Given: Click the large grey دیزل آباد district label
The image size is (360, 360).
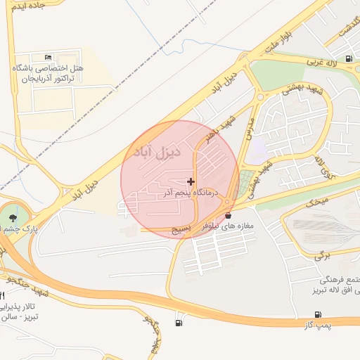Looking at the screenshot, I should [157, 151].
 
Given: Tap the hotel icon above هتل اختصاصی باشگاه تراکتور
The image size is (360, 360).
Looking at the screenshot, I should [48, 57].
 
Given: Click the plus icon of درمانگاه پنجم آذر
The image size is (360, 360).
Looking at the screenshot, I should [191, 182].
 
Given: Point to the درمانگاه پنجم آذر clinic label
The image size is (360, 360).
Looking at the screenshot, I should [191, 192].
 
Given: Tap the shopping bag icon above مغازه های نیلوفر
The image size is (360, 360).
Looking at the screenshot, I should [228, 215].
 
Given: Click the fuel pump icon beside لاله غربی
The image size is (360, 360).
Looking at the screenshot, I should [349, 58].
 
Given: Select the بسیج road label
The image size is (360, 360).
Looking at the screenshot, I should [182, 230].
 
